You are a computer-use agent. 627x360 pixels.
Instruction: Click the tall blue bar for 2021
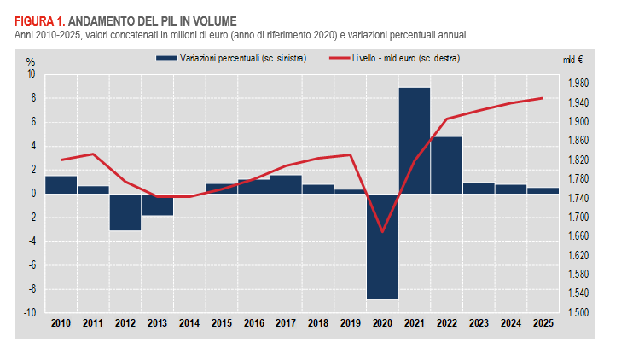coord(414,141)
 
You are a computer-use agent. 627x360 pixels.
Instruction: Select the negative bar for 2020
coord(382,247)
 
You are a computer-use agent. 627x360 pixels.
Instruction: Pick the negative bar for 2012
coord(125,212)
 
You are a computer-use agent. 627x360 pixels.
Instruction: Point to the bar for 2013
coord(157,205)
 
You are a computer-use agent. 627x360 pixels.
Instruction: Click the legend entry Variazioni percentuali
coord(230,57)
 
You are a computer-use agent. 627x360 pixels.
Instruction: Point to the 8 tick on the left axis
coord(32,98)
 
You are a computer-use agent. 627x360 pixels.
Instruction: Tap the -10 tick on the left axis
coord(30,313)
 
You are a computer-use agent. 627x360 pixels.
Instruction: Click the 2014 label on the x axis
coord(189,324)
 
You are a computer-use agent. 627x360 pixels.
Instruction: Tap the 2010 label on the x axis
coord(61,324)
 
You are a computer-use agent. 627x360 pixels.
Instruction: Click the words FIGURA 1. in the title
coord(39,20)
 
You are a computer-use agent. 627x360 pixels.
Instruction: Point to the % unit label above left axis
coord(30,62)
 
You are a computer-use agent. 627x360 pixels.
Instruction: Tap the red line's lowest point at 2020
coord(382,231)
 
